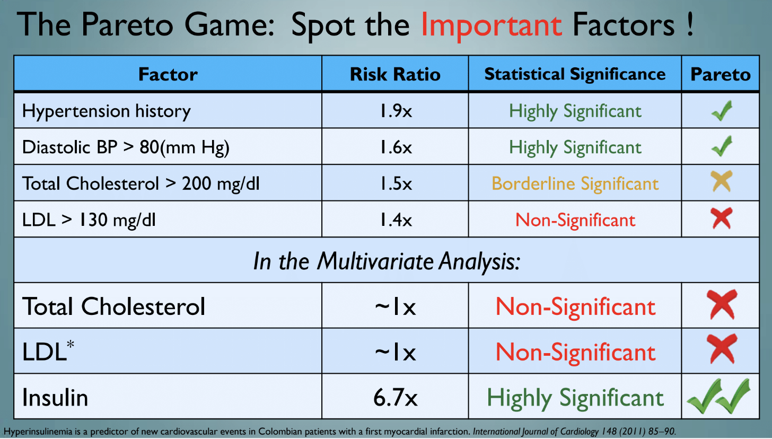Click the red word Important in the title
coord(491,25)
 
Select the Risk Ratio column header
coord(395,74)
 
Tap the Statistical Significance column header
coord(575,74)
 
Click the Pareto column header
coord(720,74)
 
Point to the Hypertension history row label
coord(106,111)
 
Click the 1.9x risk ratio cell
coord(395,111)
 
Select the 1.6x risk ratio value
coord(395,147)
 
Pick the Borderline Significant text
coord(575,183)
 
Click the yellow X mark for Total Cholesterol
coord(722,182)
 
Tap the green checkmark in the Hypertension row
coord(722,111)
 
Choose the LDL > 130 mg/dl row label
coord(89,219)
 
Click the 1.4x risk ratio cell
coord(395,219)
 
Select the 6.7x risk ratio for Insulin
coord(395,398)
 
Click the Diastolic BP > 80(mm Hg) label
coord(126,147)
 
